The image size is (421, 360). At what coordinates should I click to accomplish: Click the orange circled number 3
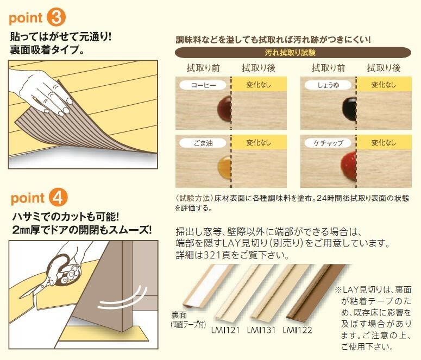point(56,17)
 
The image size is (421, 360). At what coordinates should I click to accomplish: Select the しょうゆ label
point(327,85)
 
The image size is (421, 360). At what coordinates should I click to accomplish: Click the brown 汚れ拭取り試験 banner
point(293,53)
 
